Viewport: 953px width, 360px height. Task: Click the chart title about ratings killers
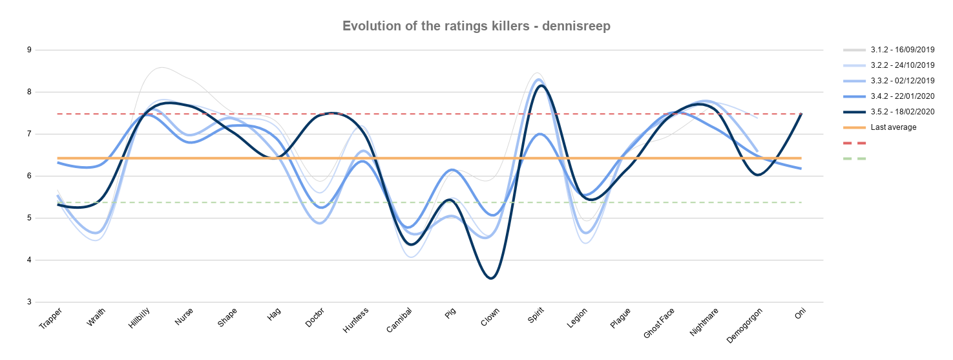(476, 26)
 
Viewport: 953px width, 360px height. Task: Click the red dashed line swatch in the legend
(854, 143)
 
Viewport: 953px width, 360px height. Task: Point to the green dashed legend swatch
(854, 159)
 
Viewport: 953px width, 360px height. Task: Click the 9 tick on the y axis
(29, 50)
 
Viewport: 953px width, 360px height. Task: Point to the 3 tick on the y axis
(29, 302)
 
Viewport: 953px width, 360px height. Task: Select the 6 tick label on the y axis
(29, 176)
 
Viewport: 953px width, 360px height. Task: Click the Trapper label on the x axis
(50, 319)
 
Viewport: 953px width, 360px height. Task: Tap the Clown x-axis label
(490, 317)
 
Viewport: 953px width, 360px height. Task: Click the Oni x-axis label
(800, 313)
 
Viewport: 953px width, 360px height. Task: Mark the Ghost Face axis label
(658, 323)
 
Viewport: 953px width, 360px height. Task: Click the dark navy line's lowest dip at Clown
(492, 279)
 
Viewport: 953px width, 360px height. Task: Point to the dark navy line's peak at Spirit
(541, 85)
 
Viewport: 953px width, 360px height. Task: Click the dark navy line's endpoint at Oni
(801, 114)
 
